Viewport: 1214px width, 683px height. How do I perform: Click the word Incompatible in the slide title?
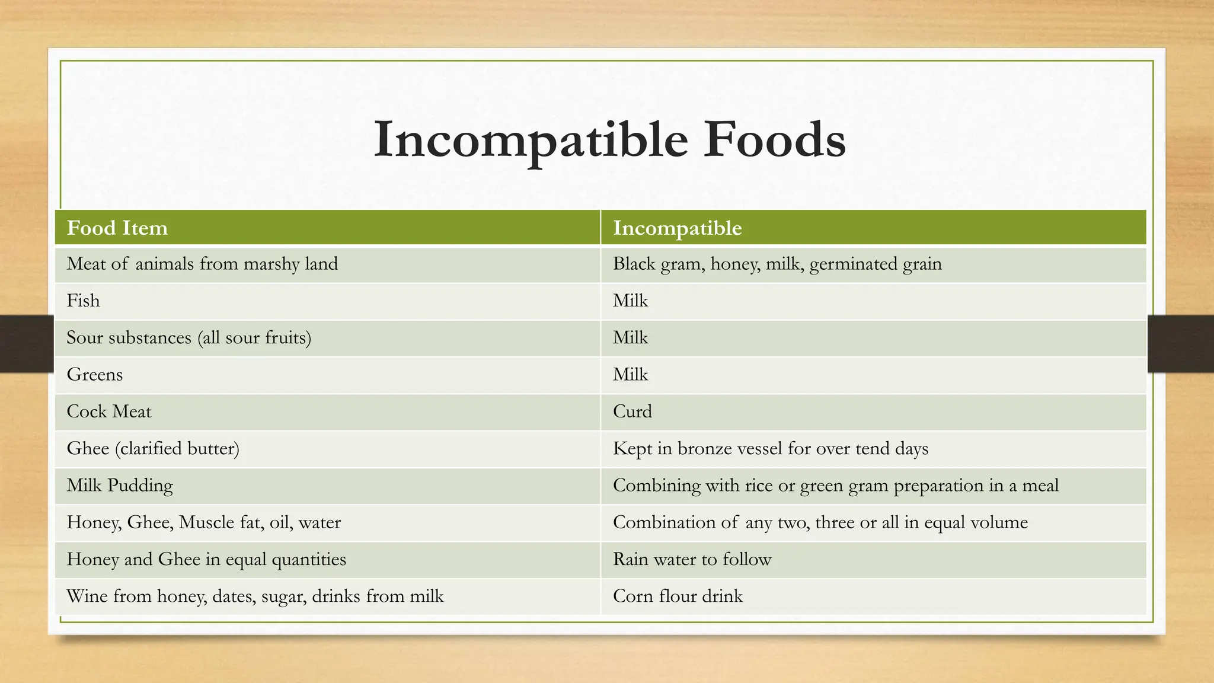(531, 141)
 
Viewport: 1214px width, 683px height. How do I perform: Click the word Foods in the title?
(774, 141)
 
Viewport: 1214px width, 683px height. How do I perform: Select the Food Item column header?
(117, 228)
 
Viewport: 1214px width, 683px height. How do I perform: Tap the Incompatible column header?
(677, 228)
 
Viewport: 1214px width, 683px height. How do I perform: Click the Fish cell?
(83, 301)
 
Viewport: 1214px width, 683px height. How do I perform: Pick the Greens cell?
(95, 375)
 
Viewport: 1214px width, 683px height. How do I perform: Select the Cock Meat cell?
(109, 411)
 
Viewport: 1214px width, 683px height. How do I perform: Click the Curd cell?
(632, 411)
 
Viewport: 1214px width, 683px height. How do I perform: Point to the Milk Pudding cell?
(120, 486)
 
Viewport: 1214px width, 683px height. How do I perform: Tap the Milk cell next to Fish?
(631, 301)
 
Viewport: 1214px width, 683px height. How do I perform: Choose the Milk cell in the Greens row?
(631, 375)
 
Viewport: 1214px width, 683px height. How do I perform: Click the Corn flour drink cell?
(678, 596)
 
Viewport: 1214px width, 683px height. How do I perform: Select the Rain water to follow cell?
(692, 559)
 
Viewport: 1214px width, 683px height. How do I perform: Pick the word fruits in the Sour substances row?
(287, 338)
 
